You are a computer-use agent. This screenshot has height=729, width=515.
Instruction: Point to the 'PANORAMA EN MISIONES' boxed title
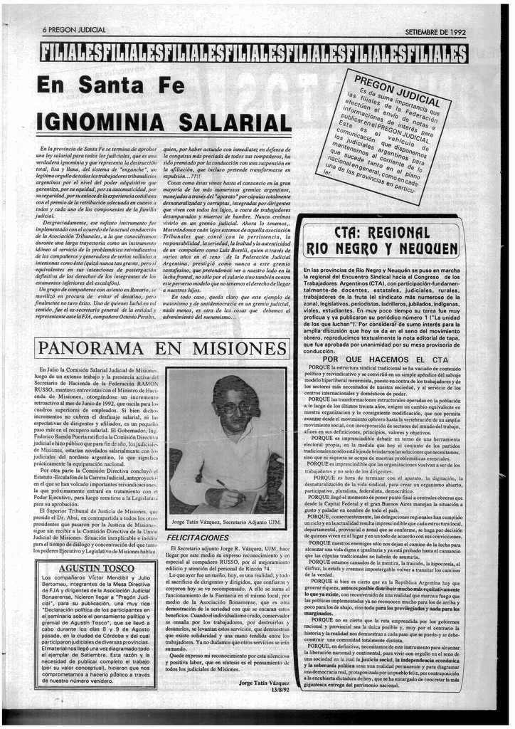point(163,349)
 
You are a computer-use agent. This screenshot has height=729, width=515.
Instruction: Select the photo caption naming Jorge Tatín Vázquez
point(227,522)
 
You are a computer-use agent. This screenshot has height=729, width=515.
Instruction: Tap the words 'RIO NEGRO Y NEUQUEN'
point(381,249)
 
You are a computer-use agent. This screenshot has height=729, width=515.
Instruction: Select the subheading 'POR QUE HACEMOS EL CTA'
point(385,360)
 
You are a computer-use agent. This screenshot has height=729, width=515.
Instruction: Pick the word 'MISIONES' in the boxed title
point(240,349)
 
